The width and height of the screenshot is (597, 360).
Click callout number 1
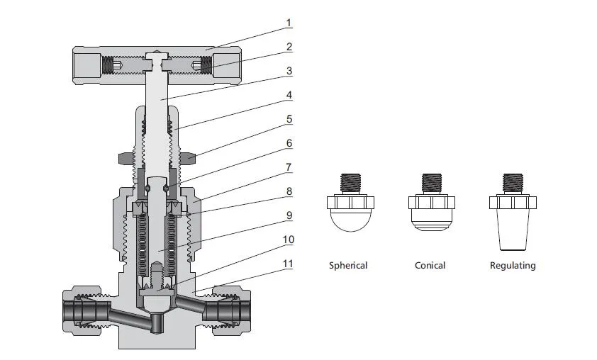pos(289,23)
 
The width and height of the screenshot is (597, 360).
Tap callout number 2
pos(289,47)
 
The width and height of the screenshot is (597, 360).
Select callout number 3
pos(289,71)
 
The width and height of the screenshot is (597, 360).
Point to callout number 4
pos(289,95)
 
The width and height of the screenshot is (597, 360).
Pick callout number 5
pos(289,119)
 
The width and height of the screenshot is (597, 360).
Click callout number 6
pos(289,143)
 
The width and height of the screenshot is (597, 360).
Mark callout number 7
pos(289,167)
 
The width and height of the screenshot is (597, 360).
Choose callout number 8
pos(289,191)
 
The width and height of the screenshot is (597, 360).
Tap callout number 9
pos(289,215)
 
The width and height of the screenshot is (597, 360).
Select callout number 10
pos(289,240)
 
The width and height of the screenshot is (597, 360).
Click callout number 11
pos(289,264)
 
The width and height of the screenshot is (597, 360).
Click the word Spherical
pos(348,266)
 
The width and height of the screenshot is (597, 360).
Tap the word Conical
pos(430,266)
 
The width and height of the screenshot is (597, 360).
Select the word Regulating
pos(513,266)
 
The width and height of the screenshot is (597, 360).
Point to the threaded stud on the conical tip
pos(430,183)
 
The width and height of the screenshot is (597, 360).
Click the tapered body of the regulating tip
pos(513,230)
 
